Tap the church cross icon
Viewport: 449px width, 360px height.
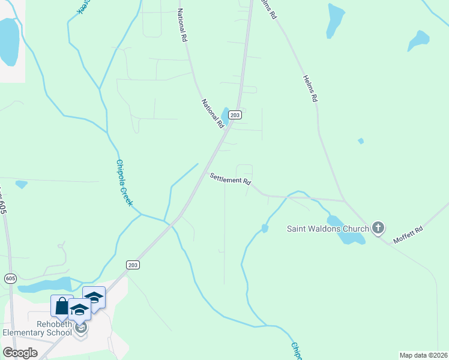coord(378,227)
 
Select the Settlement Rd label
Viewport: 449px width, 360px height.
coord(230,179)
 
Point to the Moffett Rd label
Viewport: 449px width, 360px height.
coord(408,235)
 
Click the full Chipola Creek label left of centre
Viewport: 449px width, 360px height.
coord(124,183)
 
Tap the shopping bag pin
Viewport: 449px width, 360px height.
coord(62,307)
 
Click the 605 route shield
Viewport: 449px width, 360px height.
coord(10,278)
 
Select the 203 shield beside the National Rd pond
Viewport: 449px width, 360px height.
coord(235,115)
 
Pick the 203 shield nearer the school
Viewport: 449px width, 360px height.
coord(133,265)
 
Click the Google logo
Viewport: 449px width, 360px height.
coord(20,353)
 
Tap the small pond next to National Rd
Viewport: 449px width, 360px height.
coord(225,114)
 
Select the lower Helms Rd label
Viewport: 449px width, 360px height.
coord(310,88)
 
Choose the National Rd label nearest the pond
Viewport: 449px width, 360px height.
coord(212,113)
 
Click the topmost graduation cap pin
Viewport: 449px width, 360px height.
coord(94,297)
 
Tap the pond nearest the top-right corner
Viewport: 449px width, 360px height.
coord(418,41)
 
